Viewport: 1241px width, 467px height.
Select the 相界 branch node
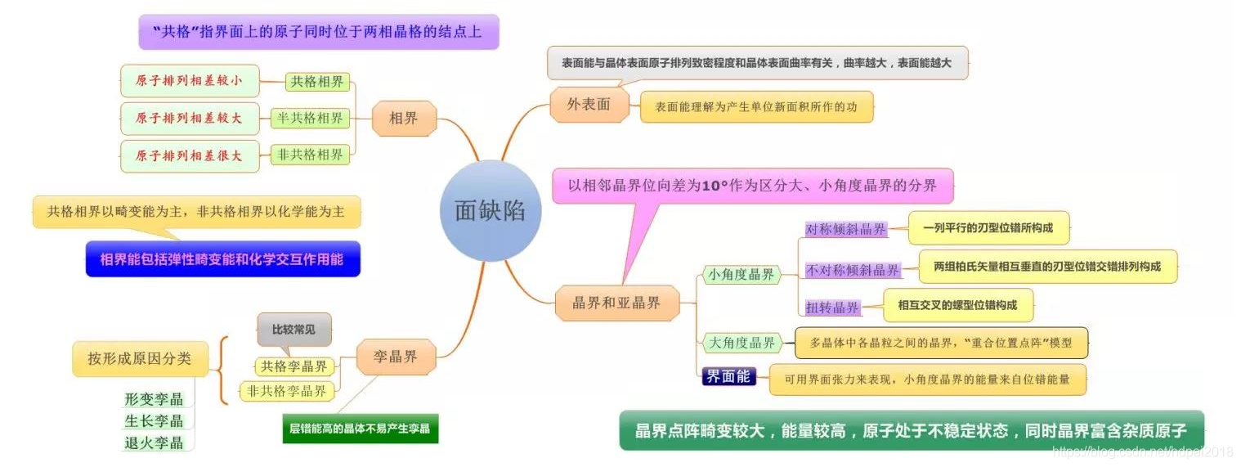(x=403, y=118)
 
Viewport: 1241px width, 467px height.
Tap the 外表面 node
(x=589, y=104)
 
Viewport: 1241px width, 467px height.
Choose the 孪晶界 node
(x=396, y=357)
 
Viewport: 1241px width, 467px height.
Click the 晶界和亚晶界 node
(x=618, y=303)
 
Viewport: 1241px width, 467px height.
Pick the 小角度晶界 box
(x=741, y=275)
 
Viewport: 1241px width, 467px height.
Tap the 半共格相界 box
(x=310, y=118)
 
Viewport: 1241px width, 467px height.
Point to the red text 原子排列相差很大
(x=189, y=155)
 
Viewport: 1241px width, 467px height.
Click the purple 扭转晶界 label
(x=832, y=308)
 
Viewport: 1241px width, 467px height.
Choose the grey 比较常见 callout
(x=293, y=330)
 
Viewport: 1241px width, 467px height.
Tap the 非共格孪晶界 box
(x=287, y=391)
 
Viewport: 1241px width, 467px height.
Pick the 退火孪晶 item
(x=154, y=442)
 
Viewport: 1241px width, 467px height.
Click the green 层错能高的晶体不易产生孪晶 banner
(x=360, y=427)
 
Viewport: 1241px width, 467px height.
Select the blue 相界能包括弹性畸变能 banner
(x=222, y=259)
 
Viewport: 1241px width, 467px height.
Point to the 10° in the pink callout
(x=715, y=186)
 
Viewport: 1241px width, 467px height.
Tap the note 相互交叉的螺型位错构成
(x=957, y=305)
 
